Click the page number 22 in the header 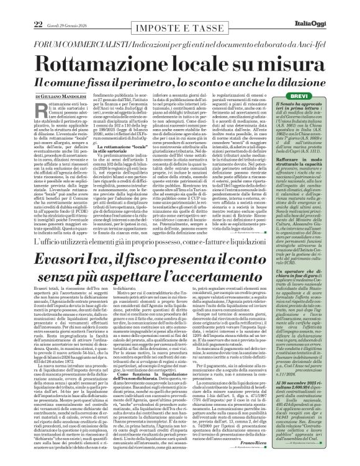(20, 7)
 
